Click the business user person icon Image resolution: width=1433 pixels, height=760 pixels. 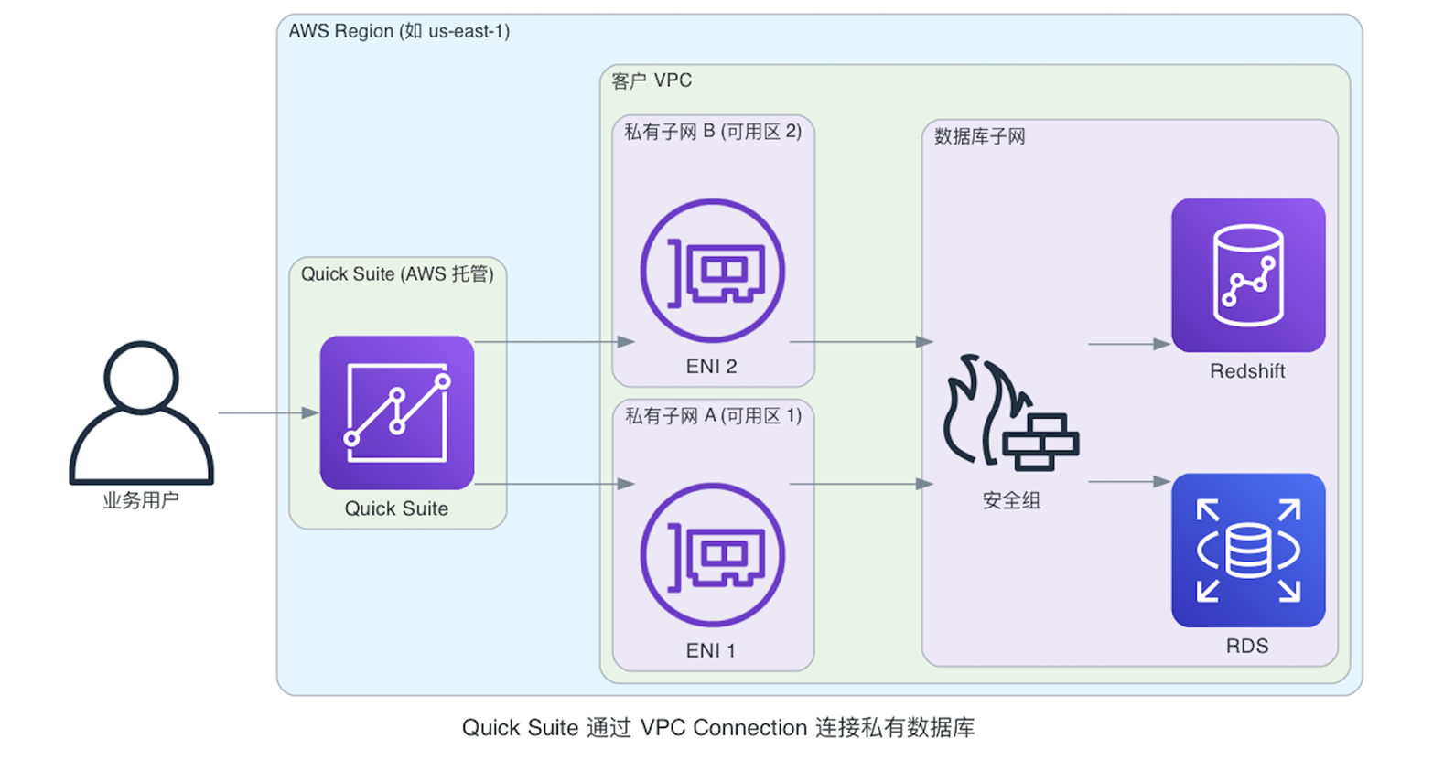141,413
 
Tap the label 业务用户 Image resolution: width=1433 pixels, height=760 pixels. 141,500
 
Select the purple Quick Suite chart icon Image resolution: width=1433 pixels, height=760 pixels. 396,412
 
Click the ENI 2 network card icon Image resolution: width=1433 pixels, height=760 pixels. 712,272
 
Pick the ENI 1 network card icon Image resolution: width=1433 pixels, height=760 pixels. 712,555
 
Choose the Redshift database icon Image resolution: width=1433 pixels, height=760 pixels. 1247,275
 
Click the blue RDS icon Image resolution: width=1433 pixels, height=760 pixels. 1247,550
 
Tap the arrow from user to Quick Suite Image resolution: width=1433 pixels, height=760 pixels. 267,413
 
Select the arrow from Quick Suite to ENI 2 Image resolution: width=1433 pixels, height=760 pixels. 554,342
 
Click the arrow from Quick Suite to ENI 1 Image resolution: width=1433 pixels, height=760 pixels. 554,484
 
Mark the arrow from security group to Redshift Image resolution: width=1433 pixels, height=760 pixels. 1128,345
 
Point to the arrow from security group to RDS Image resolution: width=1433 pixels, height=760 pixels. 1128,482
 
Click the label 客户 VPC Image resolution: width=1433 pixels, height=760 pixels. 652,81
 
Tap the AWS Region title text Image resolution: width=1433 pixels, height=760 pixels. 399,31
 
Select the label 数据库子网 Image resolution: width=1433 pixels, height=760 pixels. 979,137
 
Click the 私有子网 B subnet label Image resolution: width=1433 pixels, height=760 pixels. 712,132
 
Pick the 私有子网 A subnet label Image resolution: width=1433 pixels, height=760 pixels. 712,416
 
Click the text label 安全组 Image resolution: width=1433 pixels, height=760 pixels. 1011,500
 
